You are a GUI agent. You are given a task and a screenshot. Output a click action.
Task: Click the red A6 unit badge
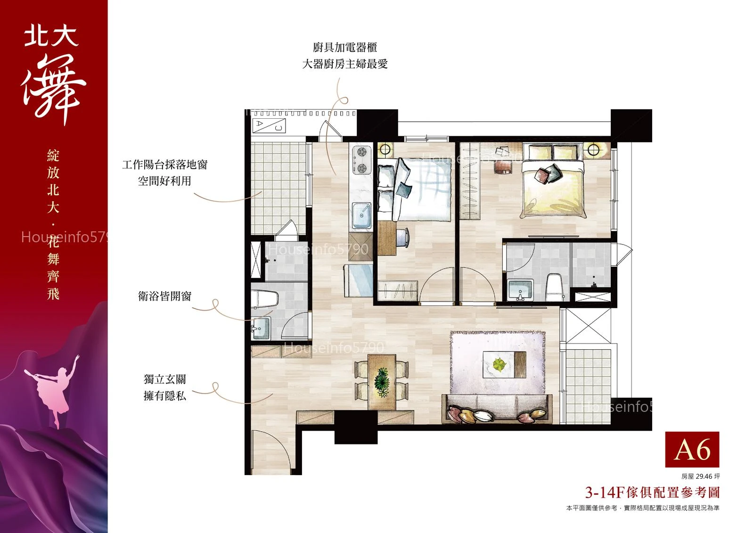pos(692,449)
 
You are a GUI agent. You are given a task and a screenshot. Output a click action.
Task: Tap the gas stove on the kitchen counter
pos(362,160)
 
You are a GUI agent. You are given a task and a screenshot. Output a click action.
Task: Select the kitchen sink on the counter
pos(362,215)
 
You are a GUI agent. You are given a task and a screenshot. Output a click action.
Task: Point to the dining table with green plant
pos(382,382)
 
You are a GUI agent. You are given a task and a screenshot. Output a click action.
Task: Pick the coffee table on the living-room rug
pos(504,365)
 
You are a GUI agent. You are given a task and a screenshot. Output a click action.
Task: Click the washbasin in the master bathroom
pos(520,289)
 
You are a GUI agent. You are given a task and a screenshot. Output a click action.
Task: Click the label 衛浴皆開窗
pos(164,296)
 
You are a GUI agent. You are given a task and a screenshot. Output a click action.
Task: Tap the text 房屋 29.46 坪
pos(700,476)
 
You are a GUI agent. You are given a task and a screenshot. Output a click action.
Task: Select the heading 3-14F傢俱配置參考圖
pos(652,492)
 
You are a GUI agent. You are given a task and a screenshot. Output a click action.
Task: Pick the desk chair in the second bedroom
pos(402,238)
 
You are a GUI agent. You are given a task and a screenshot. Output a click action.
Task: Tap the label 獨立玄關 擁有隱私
pos(164,387)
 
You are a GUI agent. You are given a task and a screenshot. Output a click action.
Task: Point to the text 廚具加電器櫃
pos(344,48)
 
